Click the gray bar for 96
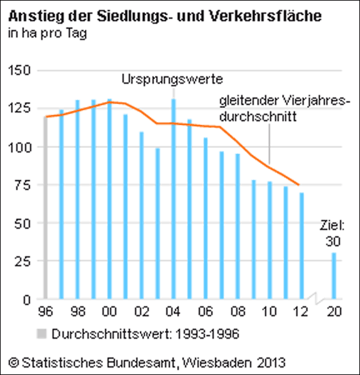[x=46, y=207]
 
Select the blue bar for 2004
[x=174, y=199]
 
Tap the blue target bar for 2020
[x=334, y=276]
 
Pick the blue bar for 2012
[x=302, y=246]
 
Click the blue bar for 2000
[x=109, y=199]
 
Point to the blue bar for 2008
[x=237, y=226]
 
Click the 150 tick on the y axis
[x=19, y=71]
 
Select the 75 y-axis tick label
[x=23, y=186]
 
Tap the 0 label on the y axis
[x=27, y=299]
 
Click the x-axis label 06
[x=206, y=311]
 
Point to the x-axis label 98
[x=77, y=311]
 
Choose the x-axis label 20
[x=334, y=311]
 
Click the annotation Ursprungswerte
[x=172, y=79]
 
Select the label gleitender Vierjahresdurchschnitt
[x=284, y=109]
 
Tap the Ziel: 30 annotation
[x=332, y=233]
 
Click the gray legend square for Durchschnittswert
[x=42, y=334]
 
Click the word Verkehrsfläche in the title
[x=265, y=16]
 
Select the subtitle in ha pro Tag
[x=47, y=33]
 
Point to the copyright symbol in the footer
[x=13, y=362]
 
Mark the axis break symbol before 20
[x=316, y=299]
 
